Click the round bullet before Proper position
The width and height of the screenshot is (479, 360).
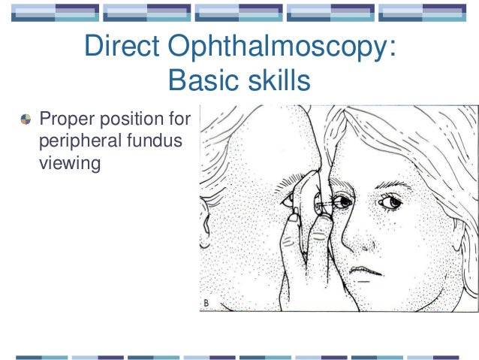coord(26,119)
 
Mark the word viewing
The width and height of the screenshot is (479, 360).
coord(69,161)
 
